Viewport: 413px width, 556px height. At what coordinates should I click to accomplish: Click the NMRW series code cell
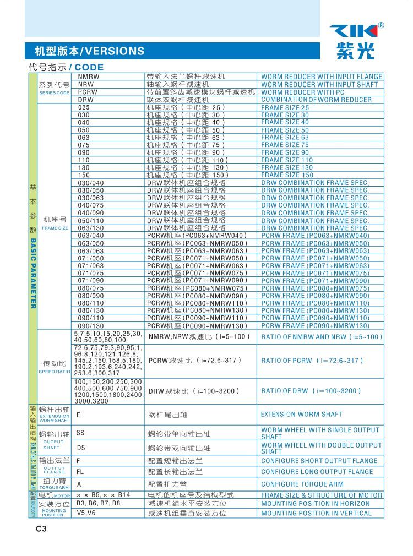point(89,77)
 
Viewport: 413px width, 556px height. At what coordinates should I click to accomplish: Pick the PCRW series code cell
point(88,92)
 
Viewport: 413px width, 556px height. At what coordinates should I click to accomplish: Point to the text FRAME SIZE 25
point(285,108)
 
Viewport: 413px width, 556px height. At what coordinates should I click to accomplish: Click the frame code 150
point(84,175)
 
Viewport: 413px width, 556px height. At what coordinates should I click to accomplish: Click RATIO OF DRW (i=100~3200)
point(311,391)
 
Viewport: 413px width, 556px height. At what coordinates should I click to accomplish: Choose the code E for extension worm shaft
point(78,415)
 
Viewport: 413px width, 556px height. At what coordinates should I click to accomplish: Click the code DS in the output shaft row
point(81,448)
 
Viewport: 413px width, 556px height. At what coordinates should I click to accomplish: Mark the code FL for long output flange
point(80,472)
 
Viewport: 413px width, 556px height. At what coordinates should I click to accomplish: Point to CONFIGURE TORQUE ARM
point(302,484)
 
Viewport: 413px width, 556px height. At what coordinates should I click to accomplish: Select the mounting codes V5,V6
point(86,513)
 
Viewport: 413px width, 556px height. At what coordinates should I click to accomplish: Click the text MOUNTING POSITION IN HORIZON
point(315,504)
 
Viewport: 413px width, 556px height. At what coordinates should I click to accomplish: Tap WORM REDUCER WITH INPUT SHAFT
point(319,84)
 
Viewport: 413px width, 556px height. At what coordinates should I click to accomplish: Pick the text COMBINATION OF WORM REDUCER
point(316,100)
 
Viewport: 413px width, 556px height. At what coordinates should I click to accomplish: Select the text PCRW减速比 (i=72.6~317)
point(194,361)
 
